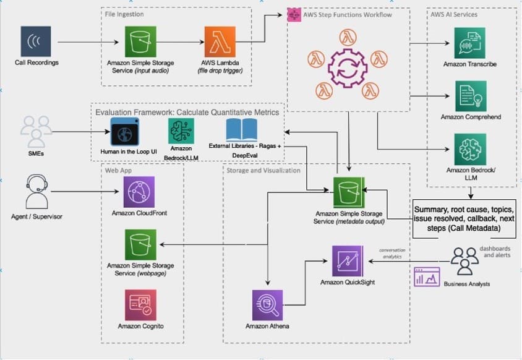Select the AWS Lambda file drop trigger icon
[x=220, y=42]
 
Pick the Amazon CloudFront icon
[x=139, y=192]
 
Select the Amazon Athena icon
[x=266, y=304]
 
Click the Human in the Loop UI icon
[x=127, y=132]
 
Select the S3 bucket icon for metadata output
[x=349, y=192]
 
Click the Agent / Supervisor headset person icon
[x=35, y=192]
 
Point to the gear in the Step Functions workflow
[x=349, y=68]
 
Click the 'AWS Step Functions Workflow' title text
[x=347, y=14]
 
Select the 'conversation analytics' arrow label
[x=391, y=253]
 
